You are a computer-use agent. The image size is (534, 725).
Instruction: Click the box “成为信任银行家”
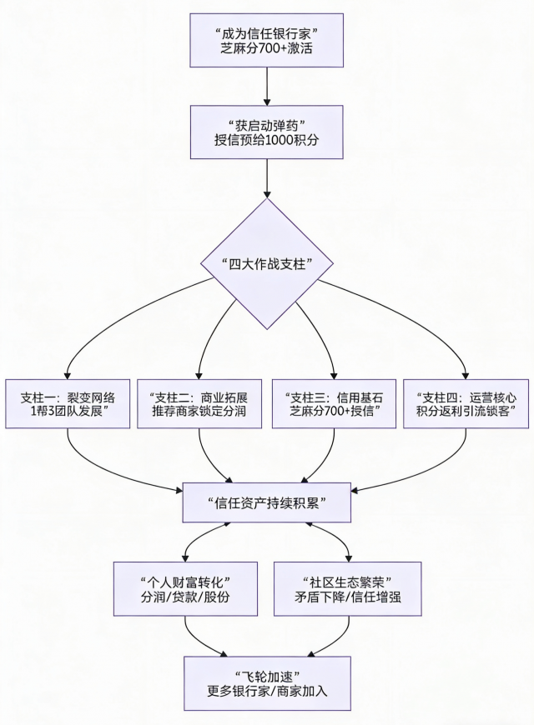pos(267,39)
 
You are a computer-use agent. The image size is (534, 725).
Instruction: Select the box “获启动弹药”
pos(267,132)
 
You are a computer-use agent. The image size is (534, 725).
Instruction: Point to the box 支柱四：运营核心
pos(466,403)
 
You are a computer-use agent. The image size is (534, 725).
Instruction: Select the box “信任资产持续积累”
pos(267,502)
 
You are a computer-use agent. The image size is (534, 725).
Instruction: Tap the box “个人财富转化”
pos(184,589)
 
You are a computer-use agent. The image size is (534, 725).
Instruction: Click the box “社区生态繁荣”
pos(347,589)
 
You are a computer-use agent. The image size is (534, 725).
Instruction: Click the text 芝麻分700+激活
pos(267,48)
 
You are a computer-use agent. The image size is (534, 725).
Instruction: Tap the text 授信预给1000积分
pos(267,140)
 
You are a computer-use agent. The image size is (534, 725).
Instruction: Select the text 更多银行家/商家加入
pos(267,692)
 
